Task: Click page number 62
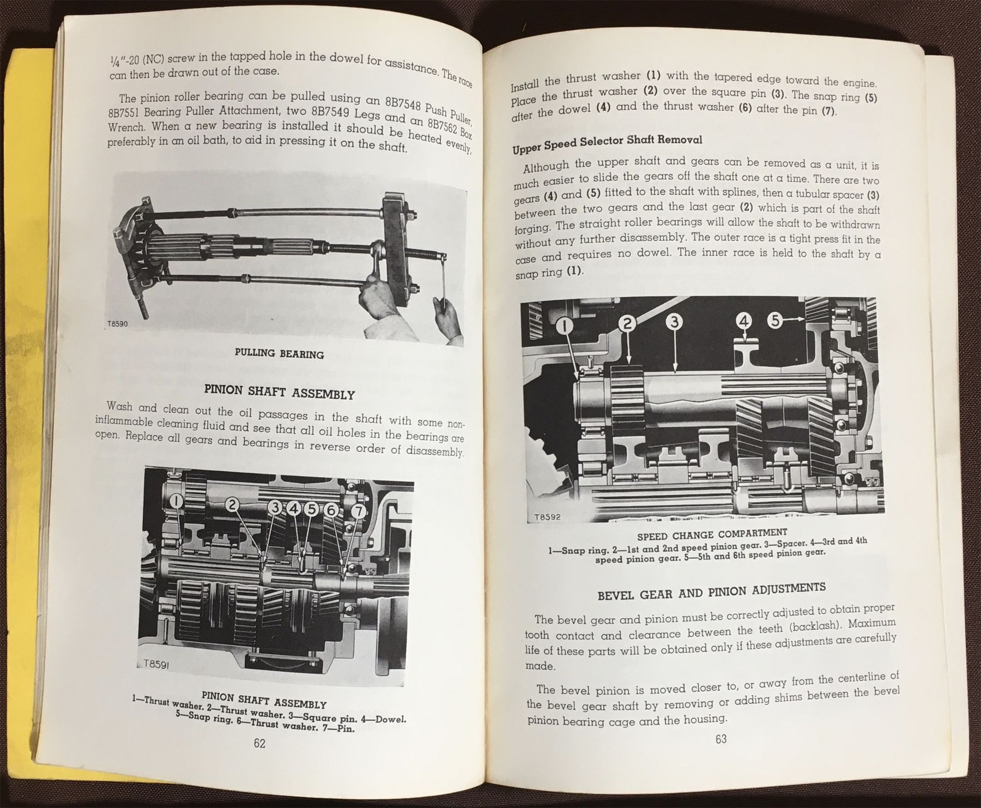tap(259, 743)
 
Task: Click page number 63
tap(721, 739)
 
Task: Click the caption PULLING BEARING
tap(279, 354)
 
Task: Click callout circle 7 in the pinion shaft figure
tap(358, 511)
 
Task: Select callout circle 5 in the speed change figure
tap(777, 320)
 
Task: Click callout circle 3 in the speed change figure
tap(674, 323)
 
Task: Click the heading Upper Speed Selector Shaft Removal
tap(607, 142)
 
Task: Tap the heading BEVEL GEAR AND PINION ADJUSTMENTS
tap(711, 590)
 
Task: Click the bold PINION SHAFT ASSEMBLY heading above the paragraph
tap(279, 393)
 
